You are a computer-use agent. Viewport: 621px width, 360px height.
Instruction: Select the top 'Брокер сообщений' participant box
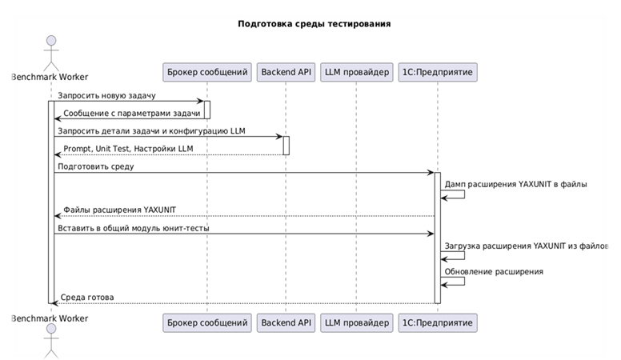(x=208, y=72)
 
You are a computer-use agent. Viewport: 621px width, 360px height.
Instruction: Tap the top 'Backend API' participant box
(x=286, y=72)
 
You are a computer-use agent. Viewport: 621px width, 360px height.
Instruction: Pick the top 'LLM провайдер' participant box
(x=356, y=72)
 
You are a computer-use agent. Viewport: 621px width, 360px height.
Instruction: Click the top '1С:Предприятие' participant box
(x=438, y=72)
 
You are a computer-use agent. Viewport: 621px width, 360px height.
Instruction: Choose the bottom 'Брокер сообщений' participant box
(x=208, y=323)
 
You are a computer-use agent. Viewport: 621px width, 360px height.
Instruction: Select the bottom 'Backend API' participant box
(x=286, y=323)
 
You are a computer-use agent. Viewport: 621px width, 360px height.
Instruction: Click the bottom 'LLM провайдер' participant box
(x=356, y=323)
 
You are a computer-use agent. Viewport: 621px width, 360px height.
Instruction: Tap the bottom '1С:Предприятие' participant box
(x=438, y=323)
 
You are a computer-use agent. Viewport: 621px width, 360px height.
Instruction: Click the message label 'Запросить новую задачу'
(x=106, y=96)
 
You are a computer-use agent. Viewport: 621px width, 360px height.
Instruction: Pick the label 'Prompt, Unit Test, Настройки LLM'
(x=128, y=149)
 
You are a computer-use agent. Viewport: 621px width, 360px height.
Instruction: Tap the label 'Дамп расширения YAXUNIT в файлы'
(x=516, y=185)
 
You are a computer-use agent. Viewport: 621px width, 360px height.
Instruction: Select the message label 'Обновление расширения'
(x=495, y=272)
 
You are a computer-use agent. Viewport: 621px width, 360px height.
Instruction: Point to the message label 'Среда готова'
(x=88, y=298)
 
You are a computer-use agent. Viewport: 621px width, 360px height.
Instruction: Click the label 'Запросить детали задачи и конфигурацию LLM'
(x=150, y=131)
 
